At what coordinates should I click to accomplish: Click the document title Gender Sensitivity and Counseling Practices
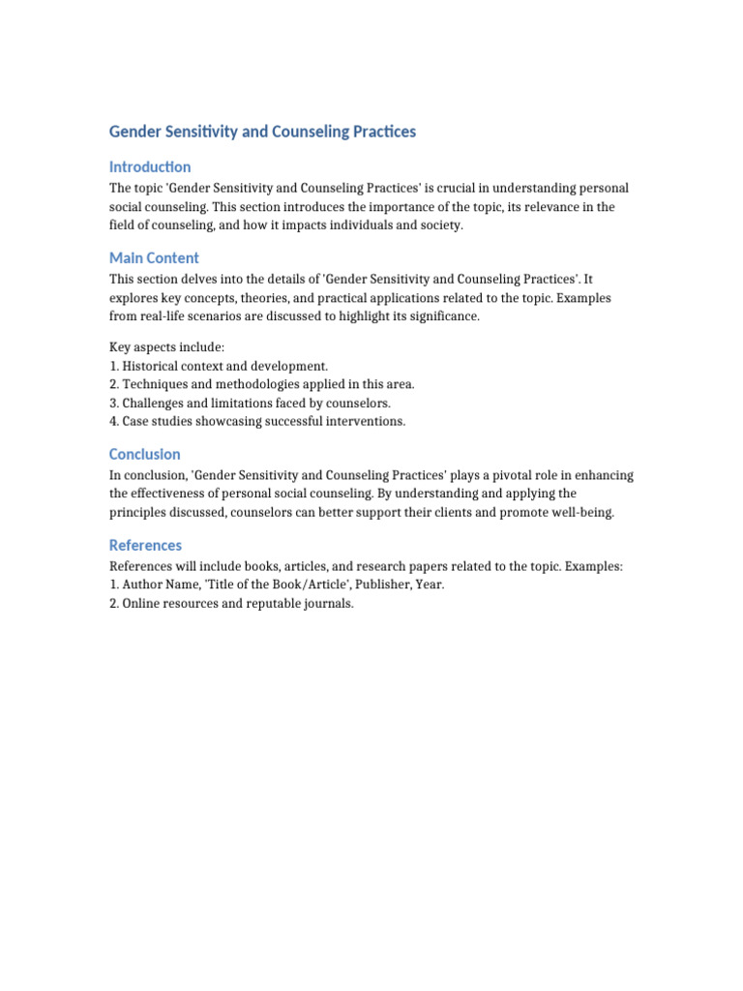pos(262,132)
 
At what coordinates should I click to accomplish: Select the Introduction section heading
pos(150,166)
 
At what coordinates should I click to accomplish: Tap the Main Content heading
pos(154,257)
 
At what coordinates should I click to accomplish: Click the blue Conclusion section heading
pos(144,454)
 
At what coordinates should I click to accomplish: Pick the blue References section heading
pos(145,545)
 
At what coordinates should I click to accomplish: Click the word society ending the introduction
pos(440,225)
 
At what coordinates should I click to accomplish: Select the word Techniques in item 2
pos(157,384)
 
